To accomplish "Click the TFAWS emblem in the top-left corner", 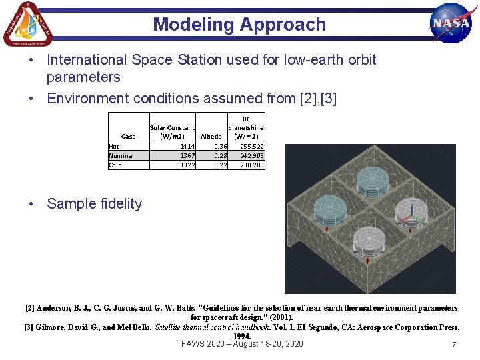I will [x=27, y=24].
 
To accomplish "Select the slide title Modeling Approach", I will [x=239, y=25].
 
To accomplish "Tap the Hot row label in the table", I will [x=115, y=146].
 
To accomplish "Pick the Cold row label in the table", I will [x=115, y=165].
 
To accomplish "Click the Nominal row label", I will [x=121, y=155].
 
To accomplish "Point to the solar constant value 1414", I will [x=187, y=146].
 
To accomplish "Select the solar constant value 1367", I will [x=187, y=155].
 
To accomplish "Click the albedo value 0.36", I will [x=219, y=146].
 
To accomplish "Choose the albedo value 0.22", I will [x=219, y=165].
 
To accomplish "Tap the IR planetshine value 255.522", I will [x=251, y=146].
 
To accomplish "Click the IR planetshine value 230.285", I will [x=251, y=165].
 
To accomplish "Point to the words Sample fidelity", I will [x=94, y=204].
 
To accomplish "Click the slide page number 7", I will [x=453, y=345].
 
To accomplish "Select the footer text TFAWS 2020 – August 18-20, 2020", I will [x=239, y=344].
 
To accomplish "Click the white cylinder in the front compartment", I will [x=369, y=242].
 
